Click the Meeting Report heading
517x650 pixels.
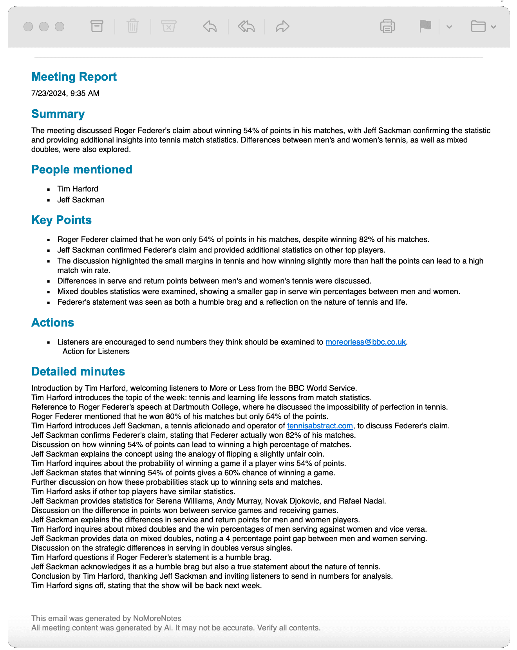(74, 77)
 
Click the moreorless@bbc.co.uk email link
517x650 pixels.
(365, 342)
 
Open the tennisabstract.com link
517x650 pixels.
(320, 426)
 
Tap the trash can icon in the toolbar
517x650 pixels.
(133, 26)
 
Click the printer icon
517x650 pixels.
(387, 26)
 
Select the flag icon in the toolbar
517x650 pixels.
(425, 26)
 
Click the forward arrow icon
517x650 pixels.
(282, 26)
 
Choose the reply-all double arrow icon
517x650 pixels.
(246, 26)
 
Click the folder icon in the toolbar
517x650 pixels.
(478, 26)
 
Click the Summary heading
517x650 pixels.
(58, 114)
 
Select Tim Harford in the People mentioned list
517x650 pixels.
(78, 189)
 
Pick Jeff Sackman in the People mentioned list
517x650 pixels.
(81, 200)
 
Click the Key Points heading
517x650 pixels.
(61, 220)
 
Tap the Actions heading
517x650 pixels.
(52, 323)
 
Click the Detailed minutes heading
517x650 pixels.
(78, 372)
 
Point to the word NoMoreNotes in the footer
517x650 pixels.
(157, 618)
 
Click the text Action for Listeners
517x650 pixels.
(96, 351)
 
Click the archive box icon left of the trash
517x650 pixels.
(97, 26)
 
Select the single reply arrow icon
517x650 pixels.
(210, 26)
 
